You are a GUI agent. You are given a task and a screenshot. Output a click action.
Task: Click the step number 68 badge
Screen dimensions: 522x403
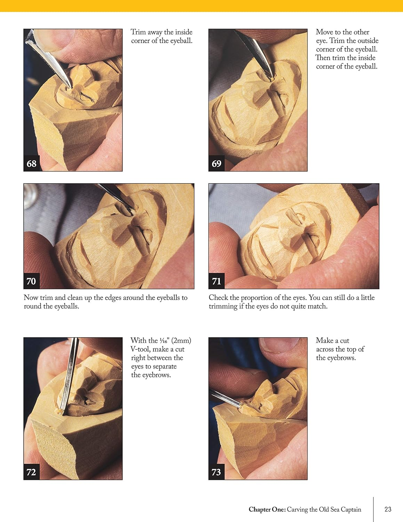[31, 164]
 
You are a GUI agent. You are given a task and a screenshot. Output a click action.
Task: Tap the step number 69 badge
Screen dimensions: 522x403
[216, 164]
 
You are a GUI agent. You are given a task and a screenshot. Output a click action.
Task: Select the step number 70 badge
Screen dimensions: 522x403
[31, 281]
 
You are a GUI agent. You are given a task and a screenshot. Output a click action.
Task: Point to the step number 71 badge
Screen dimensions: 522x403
[216, 281]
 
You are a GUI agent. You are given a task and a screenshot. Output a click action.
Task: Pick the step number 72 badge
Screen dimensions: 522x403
[31, 472]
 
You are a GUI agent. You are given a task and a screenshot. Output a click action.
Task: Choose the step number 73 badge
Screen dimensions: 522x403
[216, 472]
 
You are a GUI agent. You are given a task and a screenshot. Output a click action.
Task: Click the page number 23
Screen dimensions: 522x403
[388, 509]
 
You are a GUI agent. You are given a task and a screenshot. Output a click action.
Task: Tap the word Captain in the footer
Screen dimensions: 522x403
[351, 509]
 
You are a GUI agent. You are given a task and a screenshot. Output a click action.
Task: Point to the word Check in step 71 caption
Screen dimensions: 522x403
[218, 298]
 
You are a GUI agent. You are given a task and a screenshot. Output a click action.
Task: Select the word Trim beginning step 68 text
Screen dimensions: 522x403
[138, 32]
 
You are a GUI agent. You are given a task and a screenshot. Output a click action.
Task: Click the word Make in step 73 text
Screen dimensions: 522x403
[324, 341]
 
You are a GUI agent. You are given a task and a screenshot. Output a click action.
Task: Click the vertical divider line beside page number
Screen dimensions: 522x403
[373, 509]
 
